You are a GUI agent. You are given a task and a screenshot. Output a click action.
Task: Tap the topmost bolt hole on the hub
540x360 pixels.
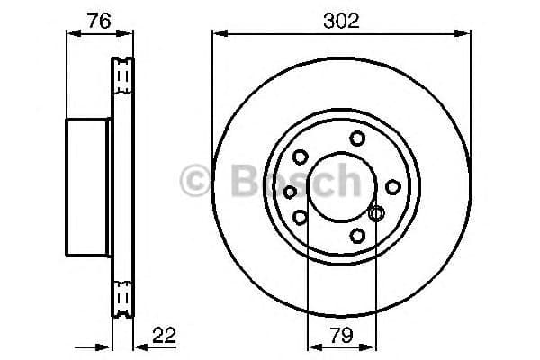coord(358,137)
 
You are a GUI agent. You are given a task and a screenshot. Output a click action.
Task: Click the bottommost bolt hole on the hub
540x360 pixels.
coord(358,236)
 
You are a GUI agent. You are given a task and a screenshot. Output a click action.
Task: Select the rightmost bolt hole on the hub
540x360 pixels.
coord(393,186)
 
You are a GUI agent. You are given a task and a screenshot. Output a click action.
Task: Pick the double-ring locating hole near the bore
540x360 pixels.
coord(376,214)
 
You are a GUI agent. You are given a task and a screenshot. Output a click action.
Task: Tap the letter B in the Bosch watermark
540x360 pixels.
coord(240,180)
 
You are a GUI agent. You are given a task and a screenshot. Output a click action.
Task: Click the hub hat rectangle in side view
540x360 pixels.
coord(88,186)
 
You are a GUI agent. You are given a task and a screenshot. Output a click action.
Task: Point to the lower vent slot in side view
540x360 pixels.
coord(121,297)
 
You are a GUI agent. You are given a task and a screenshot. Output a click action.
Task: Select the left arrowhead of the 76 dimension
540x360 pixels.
coord(73,34)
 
